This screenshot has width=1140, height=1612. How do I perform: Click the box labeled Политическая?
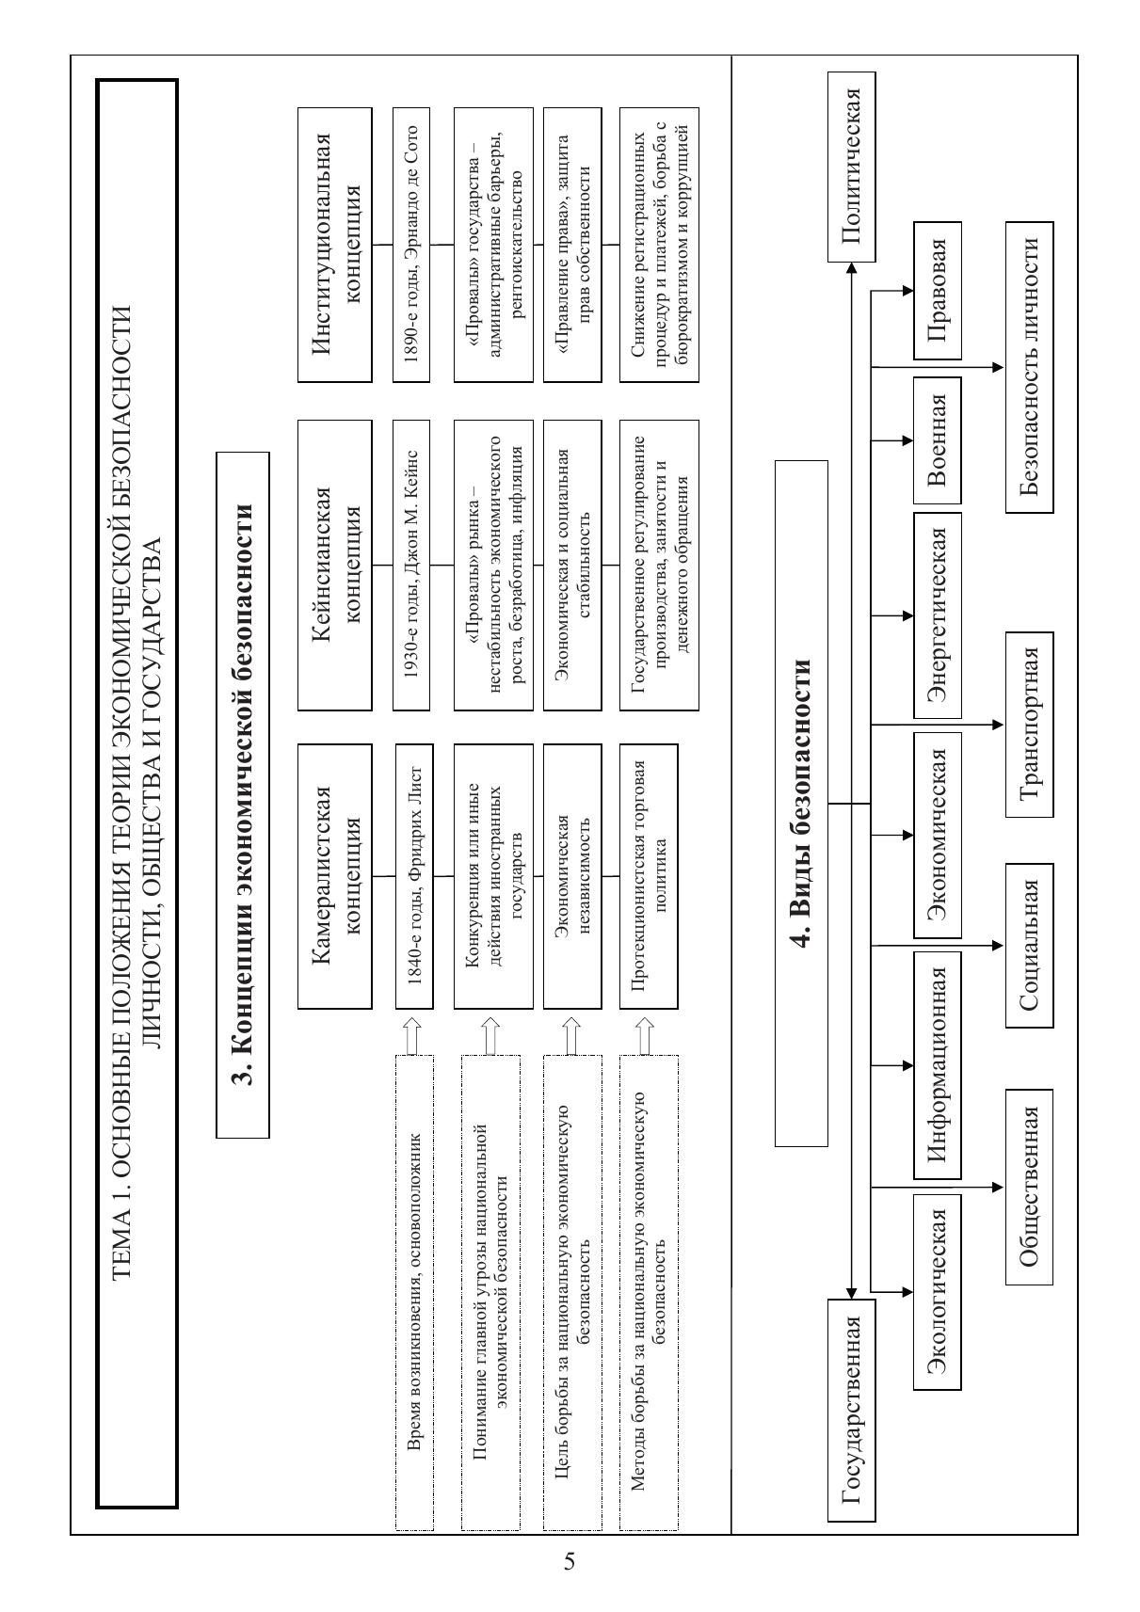pyautogui.click(x=851, y=167)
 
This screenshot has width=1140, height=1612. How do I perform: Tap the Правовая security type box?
pyautogui.click(x=937, y=291)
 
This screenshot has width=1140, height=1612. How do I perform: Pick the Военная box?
pyautogui.click(x=937, y=440)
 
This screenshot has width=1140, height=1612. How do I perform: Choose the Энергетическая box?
pyautogui.click(x=937, y=615)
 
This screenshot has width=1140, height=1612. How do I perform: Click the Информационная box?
pyautogui.click(x=937, y=1065)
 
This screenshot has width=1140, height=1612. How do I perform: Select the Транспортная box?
pyautogui.click(x=1029, y=725)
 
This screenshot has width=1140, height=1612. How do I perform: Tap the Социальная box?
pyautogui.click(x=1029, y=945)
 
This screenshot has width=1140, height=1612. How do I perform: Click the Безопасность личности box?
pyautogui.click(x=1029, y=367)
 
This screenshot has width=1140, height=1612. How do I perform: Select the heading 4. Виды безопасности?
pyautogui.click(x=801, y=804)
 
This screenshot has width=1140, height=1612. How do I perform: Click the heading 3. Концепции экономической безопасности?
pyautogui.click(x=243, y=795)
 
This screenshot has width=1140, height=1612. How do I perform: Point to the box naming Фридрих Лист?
pyautogui.click(x=413, y=876)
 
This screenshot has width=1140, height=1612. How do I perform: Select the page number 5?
pyautogui.click(x=570, y=1562)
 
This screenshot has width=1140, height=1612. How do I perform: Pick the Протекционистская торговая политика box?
pyautogui.click(x=648, y=876)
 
